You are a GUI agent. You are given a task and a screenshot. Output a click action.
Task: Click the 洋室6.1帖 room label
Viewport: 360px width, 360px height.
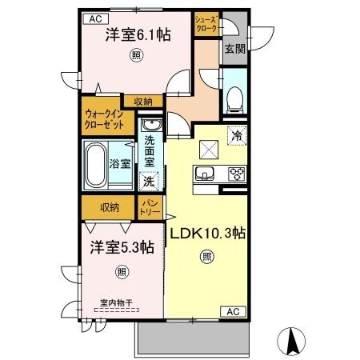pyautogui.click(x=138, y=35)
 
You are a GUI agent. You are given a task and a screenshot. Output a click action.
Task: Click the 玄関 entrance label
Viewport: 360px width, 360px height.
pyautogui.click(x=234, y=48)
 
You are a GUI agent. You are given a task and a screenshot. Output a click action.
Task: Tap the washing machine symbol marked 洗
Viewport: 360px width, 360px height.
pyautogui.click(x=150, y=182)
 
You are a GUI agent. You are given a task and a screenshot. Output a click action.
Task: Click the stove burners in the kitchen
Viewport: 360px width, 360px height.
pyautogui.click(x=238, y=174)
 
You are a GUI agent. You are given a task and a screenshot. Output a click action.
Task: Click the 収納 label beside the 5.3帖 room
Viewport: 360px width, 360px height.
pyautogui.click(x=110, y=207)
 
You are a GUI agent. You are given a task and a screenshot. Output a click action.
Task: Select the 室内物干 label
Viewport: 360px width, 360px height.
pyautogui.click(x=115, y=302)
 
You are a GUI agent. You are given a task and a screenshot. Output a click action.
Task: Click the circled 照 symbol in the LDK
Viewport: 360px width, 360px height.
pyautogui.click(x=206, y=256)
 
